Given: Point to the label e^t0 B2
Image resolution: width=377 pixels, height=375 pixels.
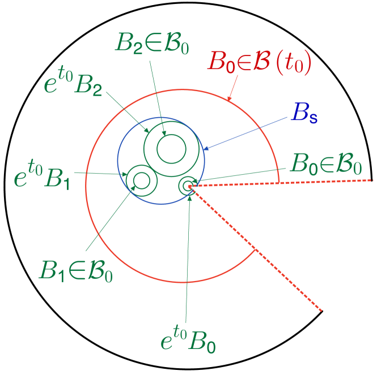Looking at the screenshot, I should (73, 83).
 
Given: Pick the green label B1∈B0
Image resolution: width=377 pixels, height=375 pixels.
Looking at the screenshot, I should (75, 270).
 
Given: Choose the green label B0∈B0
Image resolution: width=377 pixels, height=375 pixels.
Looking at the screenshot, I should (325, 164).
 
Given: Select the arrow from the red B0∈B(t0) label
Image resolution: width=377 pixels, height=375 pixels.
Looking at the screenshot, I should (234, 88).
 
